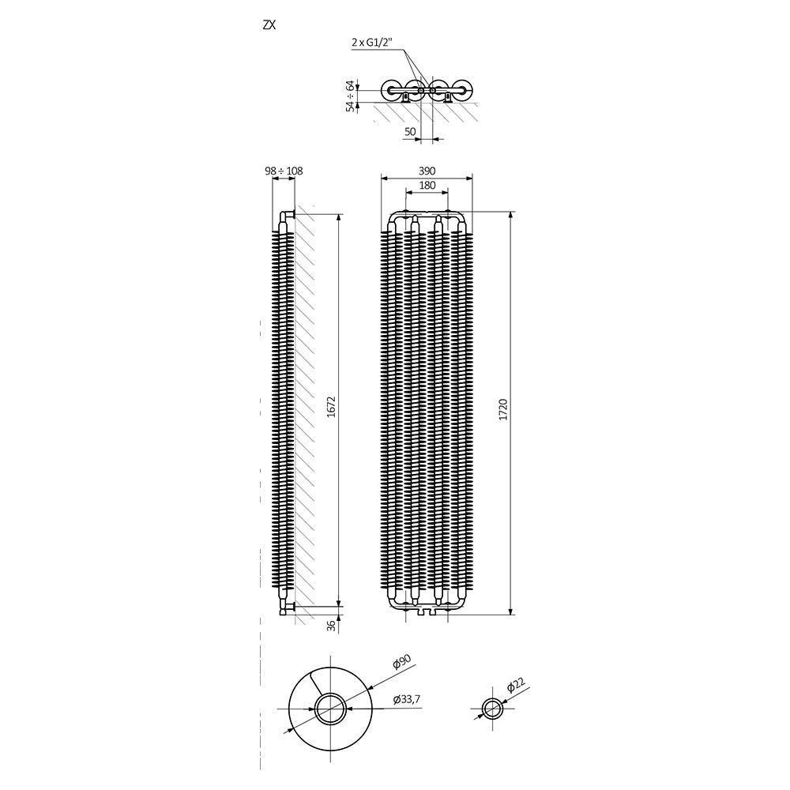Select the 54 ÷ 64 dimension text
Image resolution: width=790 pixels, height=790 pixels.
click(x=350, y=96)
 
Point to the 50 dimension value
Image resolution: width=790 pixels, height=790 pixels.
click(x=410, y=133)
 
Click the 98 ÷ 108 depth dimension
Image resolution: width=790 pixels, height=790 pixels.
click(x=284, y=171)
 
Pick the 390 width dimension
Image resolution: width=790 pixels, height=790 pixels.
click(x=427, y=171)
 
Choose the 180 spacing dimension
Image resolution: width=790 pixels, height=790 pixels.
click(x=427, y=185)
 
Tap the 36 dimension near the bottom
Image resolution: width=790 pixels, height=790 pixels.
click(x=331, y=625)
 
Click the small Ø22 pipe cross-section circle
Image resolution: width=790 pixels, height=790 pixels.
click(x=493, y=707)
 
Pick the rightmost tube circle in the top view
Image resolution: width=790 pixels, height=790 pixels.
click(x=464, y=90)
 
